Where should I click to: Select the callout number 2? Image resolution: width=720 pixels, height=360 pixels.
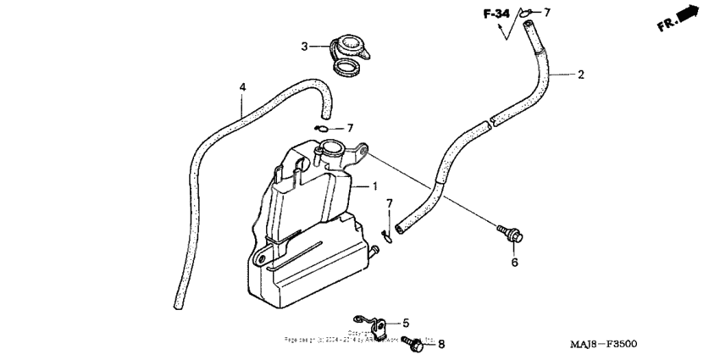click(581, 75)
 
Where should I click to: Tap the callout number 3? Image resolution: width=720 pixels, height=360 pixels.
click(306, 46)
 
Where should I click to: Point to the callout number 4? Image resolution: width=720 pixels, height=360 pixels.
click(243, 87)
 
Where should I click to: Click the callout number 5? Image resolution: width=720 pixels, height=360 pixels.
click(406, 323)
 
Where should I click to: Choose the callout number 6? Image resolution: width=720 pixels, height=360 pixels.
click(513, 263)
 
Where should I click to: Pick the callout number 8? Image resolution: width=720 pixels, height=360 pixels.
click(440, 344)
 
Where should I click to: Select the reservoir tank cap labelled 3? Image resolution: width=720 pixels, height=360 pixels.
click(347, 53)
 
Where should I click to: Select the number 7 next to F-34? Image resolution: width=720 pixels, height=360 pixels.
click(547, 12)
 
